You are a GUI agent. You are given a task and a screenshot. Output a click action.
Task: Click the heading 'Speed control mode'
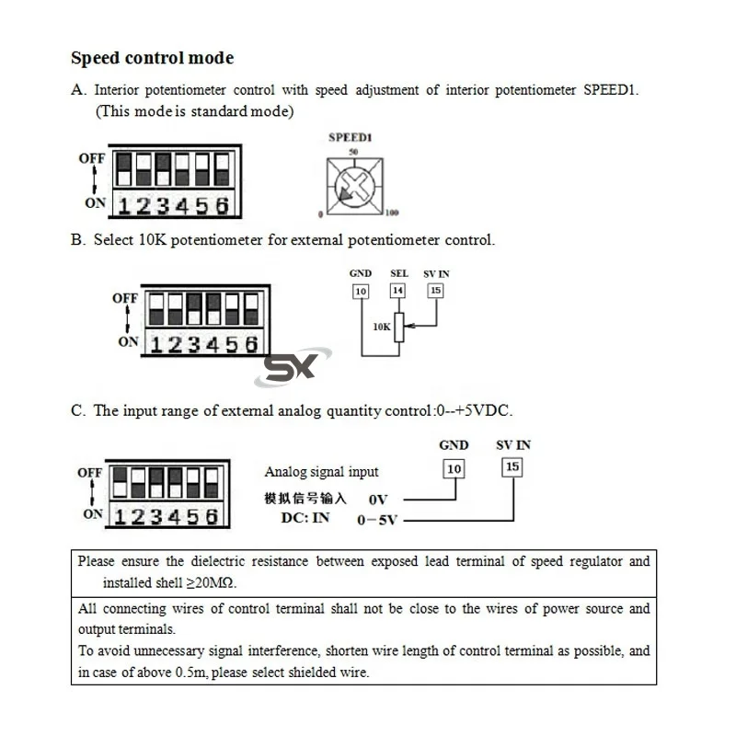[x=153, y=58]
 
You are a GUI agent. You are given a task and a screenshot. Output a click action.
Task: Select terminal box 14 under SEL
[x=397, y=291]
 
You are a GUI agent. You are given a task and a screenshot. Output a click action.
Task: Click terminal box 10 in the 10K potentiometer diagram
[x=361, y=291]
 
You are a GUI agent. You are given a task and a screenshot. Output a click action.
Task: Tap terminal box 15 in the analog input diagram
[x=512, y=466]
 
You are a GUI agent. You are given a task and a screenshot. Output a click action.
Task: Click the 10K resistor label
[x=382, y=326]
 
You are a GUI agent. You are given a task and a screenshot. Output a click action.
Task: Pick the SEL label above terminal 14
[x=398, y=273]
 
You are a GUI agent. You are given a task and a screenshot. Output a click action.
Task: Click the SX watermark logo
[x=290, y=367]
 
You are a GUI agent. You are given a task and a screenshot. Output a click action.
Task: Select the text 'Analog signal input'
[x=321, y=472]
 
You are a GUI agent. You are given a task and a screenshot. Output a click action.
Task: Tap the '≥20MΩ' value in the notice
[x=218, y=582]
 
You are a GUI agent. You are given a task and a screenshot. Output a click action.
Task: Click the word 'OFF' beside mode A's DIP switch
[x=91, y=158]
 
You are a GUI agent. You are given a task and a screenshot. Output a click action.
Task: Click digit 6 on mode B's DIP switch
[x=250, y=344]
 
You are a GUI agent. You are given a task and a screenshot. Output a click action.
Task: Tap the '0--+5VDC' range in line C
[x=478, y=410]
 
